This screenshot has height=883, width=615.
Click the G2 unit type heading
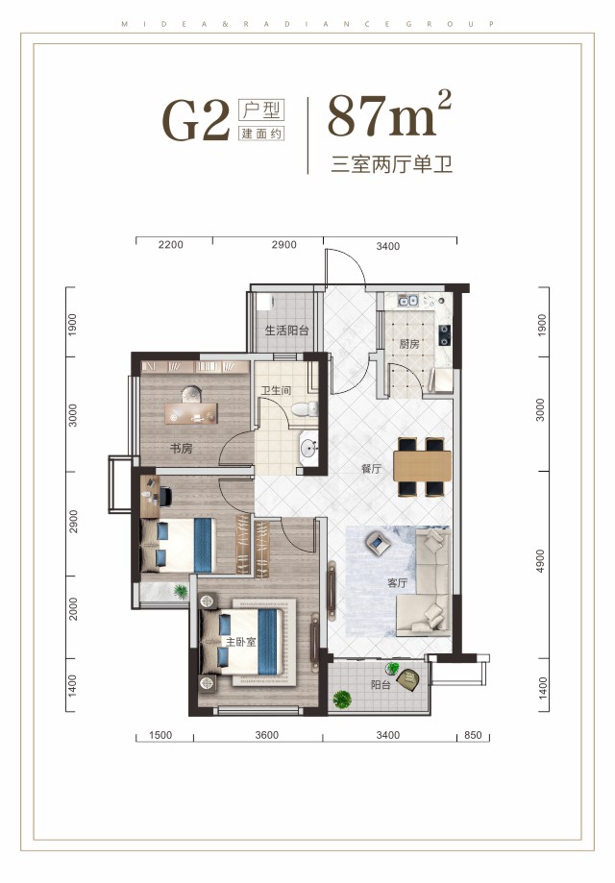click(196, 120)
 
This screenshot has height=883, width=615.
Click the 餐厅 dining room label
click(345, 470)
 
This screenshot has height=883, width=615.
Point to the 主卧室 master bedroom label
click(240, 641)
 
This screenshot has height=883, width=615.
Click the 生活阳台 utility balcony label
click(286, 330)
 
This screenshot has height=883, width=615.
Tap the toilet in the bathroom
click(305, 410)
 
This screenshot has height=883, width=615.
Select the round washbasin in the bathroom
click(308, 448)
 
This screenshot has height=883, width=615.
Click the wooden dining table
click(422, 468)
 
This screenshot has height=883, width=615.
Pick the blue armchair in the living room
click(377, 545)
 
